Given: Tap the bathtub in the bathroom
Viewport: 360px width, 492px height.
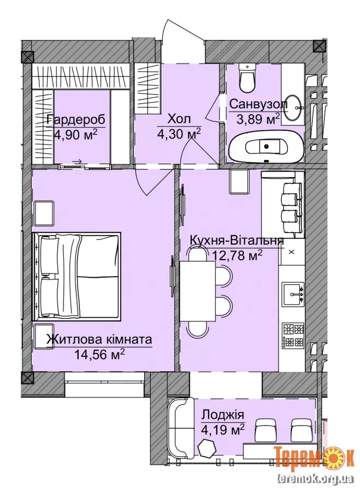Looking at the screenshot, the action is [267, 147].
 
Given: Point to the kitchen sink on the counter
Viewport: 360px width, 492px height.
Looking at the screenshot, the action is [293, 294].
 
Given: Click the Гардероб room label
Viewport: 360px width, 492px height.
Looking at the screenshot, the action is [75, 120].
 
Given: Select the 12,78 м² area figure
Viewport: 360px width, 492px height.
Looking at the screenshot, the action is [238, 256].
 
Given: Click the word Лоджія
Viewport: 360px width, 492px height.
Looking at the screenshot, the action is [223, 415].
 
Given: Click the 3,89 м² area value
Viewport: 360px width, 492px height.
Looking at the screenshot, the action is [257, 119].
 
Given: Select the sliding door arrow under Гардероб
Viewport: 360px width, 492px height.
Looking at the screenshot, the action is [77, 161].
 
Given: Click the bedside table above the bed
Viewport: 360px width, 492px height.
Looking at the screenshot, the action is [44, 213].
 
